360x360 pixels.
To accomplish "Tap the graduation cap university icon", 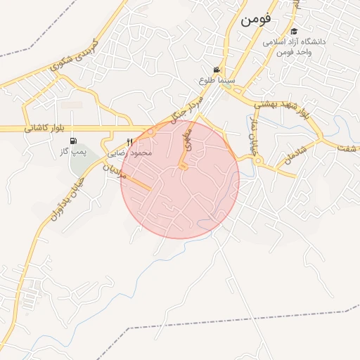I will (x=294, y=32).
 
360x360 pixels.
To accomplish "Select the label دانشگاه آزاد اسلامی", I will (x=295, y=42).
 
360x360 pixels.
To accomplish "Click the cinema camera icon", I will (x=217, y=70).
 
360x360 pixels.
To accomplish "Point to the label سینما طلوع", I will (x=217, y=81).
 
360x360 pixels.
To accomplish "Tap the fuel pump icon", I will (x=73, y=141).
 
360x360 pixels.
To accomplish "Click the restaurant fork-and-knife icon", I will (x=129, y=142).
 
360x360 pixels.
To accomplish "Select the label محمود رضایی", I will (x=129, y=153).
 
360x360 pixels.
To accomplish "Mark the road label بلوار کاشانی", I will (x=44, y=129).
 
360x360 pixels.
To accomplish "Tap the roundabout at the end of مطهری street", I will (x=183, y=167).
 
